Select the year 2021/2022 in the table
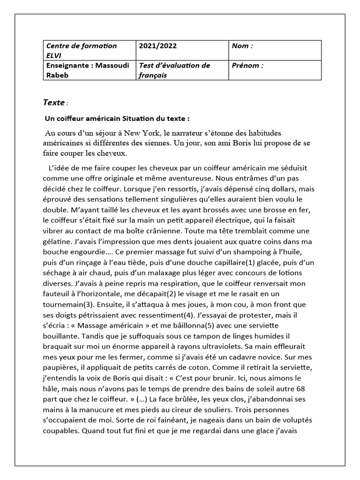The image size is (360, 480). click(x=158, y=46)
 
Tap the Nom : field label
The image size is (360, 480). click(x=242, y=46)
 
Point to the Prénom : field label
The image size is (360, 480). click(x=247, y=66)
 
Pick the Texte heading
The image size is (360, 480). click(x=54, y=102)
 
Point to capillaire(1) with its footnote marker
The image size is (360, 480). click(x=224, y=262)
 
